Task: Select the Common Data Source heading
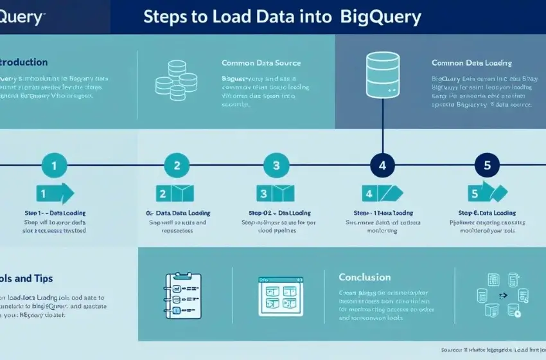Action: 261,63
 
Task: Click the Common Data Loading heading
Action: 471,63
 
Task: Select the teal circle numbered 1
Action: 54,165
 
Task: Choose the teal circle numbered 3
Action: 276,165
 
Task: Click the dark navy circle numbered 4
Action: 383,165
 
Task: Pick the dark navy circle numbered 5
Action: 486,165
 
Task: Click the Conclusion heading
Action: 364,277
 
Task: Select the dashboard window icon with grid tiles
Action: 280,296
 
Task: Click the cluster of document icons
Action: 498,296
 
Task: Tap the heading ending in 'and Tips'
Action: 26,278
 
